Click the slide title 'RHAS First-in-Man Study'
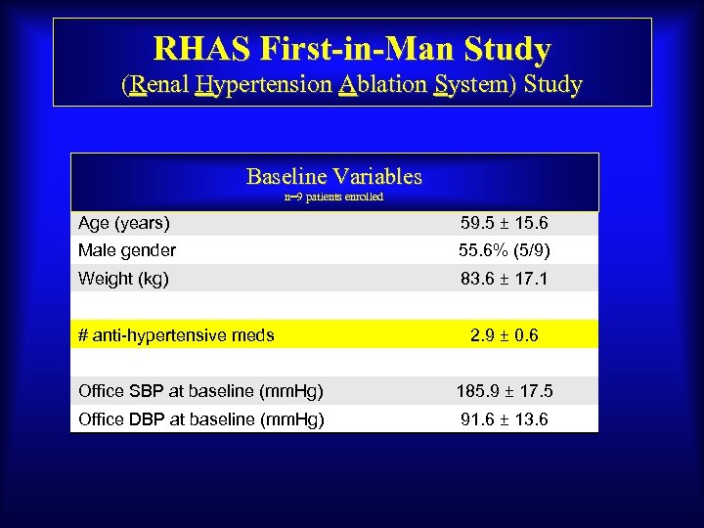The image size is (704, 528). (352, 48)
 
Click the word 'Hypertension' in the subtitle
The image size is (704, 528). (263, 84)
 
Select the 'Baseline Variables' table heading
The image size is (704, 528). (334, 177)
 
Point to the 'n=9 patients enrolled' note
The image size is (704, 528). (333, 197)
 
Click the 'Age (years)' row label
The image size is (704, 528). (124, 223)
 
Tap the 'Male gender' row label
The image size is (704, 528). (127, 250)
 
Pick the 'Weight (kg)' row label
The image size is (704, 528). (123, 279)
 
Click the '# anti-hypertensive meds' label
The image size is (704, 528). (176, 335)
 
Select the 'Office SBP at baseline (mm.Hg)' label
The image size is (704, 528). (201, 391)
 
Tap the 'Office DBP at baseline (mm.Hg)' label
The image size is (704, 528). (201, 419)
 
